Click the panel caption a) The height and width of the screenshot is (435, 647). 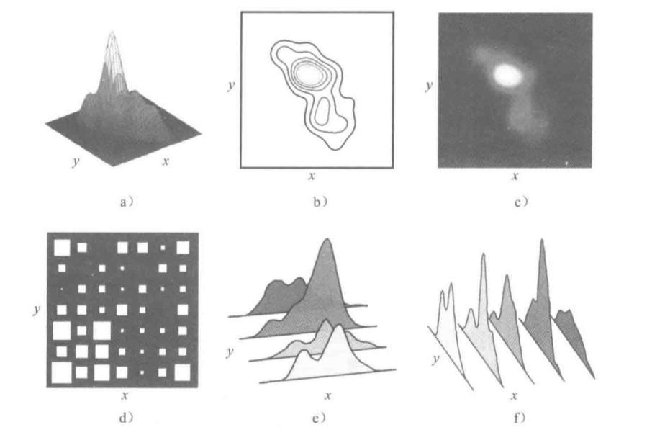126,202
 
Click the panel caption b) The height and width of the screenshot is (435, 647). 320,202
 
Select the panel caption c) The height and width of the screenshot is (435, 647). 521,202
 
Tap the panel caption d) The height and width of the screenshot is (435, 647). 126,418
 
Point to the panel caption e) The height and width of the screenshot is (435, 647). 319,418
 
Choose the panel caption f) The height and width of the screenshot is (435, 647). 520,418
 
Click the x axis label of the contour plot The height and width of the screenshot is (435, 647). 312,176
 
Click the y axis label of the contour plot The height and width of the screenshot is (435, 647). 231,86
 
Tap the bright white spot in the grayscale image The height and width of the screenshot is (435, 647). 508,76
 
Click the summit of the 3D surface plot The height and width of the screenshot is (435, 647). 112,32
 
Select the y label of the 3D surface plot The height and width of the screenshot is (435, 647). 76,161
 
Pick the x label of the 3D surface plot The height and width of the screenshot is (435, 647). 166,161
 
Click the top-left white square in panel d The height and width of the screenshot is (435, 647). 62,248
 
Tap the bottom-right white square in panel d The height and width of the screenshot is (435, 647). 182,372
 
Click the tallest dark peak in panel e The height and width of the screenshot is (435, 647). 327,240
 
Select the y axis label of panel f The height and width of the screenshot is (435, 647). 435,359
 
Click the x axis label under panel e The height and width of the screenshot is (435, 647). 328,396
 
